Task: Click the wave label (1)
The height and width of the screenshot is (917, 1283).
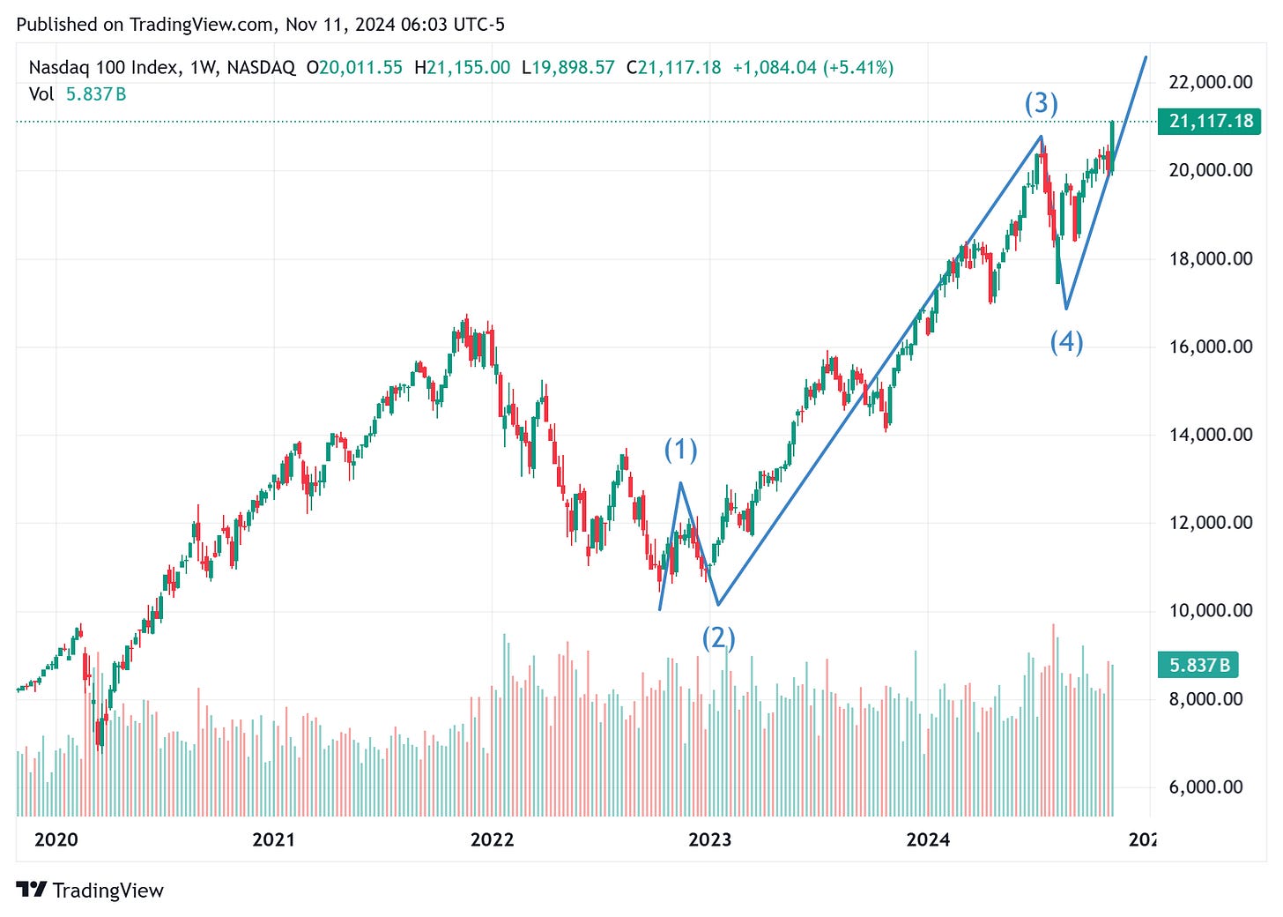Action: (x=680, y=451)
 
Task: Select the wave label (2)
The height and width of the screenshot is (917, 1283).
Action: (x=718, y=637)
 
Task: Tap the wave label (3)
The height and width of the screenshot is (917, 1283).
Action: (x=1041, y=103)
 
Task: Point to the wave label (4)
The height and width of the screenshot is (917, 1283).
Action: (x=1066, y=341)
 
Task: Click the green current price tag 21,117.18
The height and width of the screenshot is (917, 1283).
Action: (x=1211, y=121)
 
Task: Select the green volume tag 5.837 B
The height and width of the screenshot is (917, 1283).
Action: (x=1198, y=665)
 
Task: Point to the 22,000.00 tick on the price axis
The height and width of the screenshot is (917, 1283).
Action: (x=1210, y=82)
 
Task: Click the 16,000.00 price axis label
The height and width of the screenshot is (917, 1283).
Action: (x=1210, y=347)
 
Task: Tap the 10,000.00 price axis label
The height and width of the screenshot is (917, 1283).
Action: (x=1210, y=610)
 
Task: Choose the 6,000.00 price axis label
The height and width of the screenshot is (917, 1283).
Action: (x=1210, y=787)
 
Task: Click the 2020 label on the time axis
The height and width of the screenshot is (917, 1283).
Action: (x=56, y=839)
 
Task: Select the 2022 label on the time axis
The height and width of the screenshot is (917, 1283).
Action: (x=492, y=839)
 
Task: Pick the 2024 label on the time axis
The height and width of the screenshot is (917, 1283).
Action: (x=928, y=839)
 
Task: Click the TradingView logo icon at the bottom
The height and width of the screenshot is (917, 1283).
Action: (x=32, y=891)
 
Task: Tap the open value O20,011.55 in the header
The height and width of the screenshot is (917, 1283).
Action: (x=354, y=68)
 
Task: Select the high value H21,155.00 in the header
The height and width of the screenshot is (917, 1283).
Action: (x=462, y=68)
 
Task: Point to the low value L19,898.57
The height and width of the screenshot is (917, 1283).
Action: (x=567, y=68)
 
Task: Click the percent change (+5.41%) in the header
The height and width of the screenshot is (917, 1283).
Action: (x=858, y=68)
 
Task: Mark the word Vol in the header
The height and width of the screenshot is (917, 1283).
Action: (x=41, y=93)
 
